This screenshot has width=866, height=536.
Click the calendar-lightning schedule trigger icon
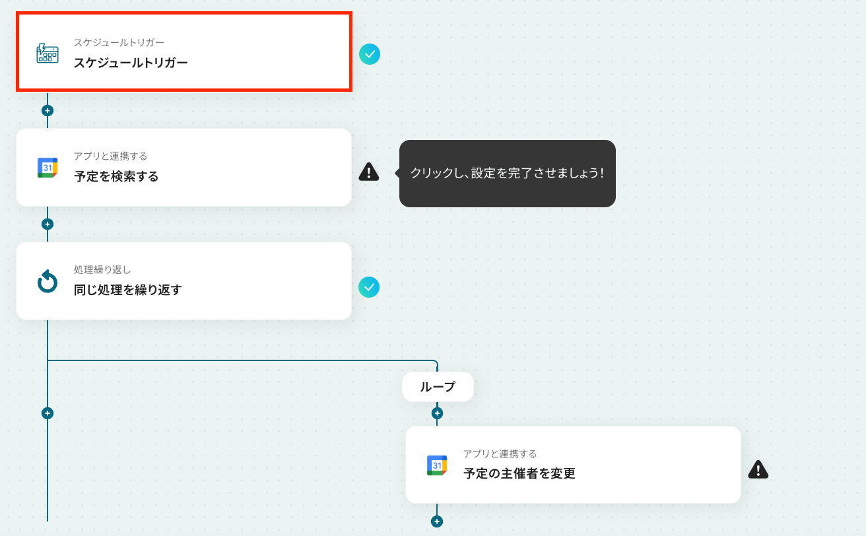(x=47, y=53)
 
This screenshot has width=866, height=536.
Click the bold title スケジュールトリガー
(x=131, y=63)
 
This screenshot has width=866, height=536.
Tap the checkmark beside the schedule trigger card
(x=370, y=54)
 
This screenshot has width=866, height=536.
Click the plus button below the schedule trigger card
(x=48, y=111)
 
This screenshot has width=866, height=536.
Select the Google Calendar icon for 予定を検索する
(x=48, y=168)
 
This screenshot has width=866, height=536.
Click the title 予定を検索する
(x=116, y=176)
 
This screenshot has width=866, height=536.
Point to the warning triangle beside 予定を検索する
(x=369, y=172)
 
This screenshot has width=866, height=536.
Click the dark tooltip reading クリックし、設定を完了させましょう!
(x=507, y=173)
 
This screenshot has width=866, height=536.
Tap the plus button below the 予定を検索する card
(x=48, y=224)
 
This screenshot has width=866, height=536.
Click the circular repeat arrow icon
(x=48, y=281)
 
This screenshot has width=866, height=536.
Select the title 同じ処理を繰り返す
(x=127, y=290)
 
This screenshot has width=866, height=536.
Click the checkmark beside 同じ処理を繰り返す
(x=369, y=287)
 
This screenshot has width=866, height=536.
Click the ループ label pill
(x=438, y=387)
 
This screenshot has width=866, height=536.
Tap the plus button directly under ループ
(x=437, y=413)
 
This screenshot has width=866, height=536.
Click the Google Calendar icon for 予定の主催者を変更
(x=437, y=465)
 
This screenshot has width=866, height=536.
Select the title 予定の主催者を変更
(x=519, y=473)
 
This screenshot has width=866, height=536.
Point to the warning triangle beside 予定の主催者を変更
(x=758, y=469)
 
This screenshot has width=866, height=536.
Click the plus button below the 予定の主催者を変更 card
(x=437, y=521)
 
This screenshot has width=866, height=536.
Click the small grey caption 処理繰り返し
(x=102, y=269)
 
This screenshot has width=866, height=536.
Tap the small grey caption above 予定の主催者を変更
(x=500, y=453)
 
